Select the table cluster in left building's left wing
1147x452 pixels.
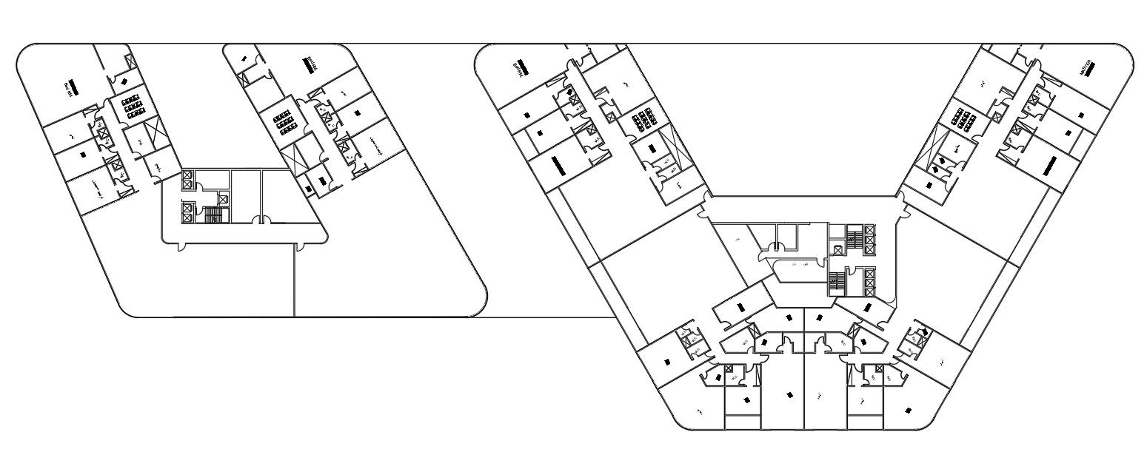pyautogui.click(x=133, y=107)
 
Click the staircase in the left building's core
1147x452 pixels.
pyautogui.click(x=213, y=215)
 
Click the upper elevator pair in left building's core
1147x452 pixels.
pyautogui.click(x=187, y=179)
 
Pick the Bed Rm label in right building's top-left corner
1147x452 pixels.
pyautogui.click(x=520, y=68)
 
